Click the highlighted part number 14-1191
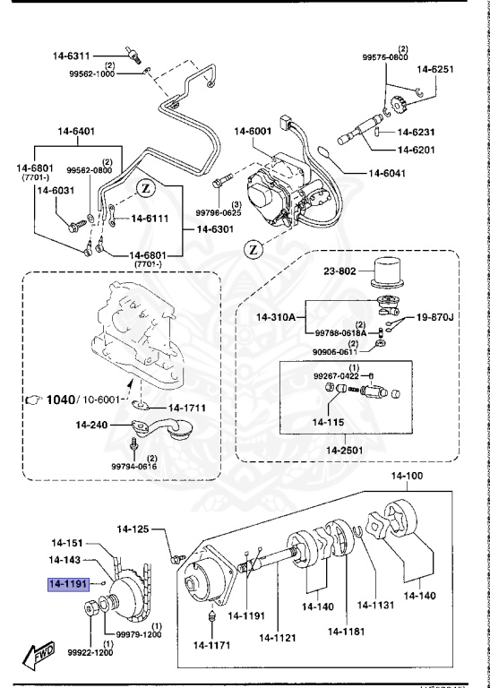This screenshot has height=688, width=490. [x=69, y=584]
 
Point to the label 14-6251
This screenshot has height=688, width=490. [x=435, y=68]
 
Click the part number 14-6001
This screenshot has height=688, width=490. [x=254, y=132]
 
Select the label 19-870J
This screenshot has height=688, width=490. [x=434, y=317]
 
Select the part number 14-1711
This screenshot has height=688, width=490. [x=187, y=408]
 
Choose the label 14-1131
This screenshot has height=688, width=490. [x=374, y=605]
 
